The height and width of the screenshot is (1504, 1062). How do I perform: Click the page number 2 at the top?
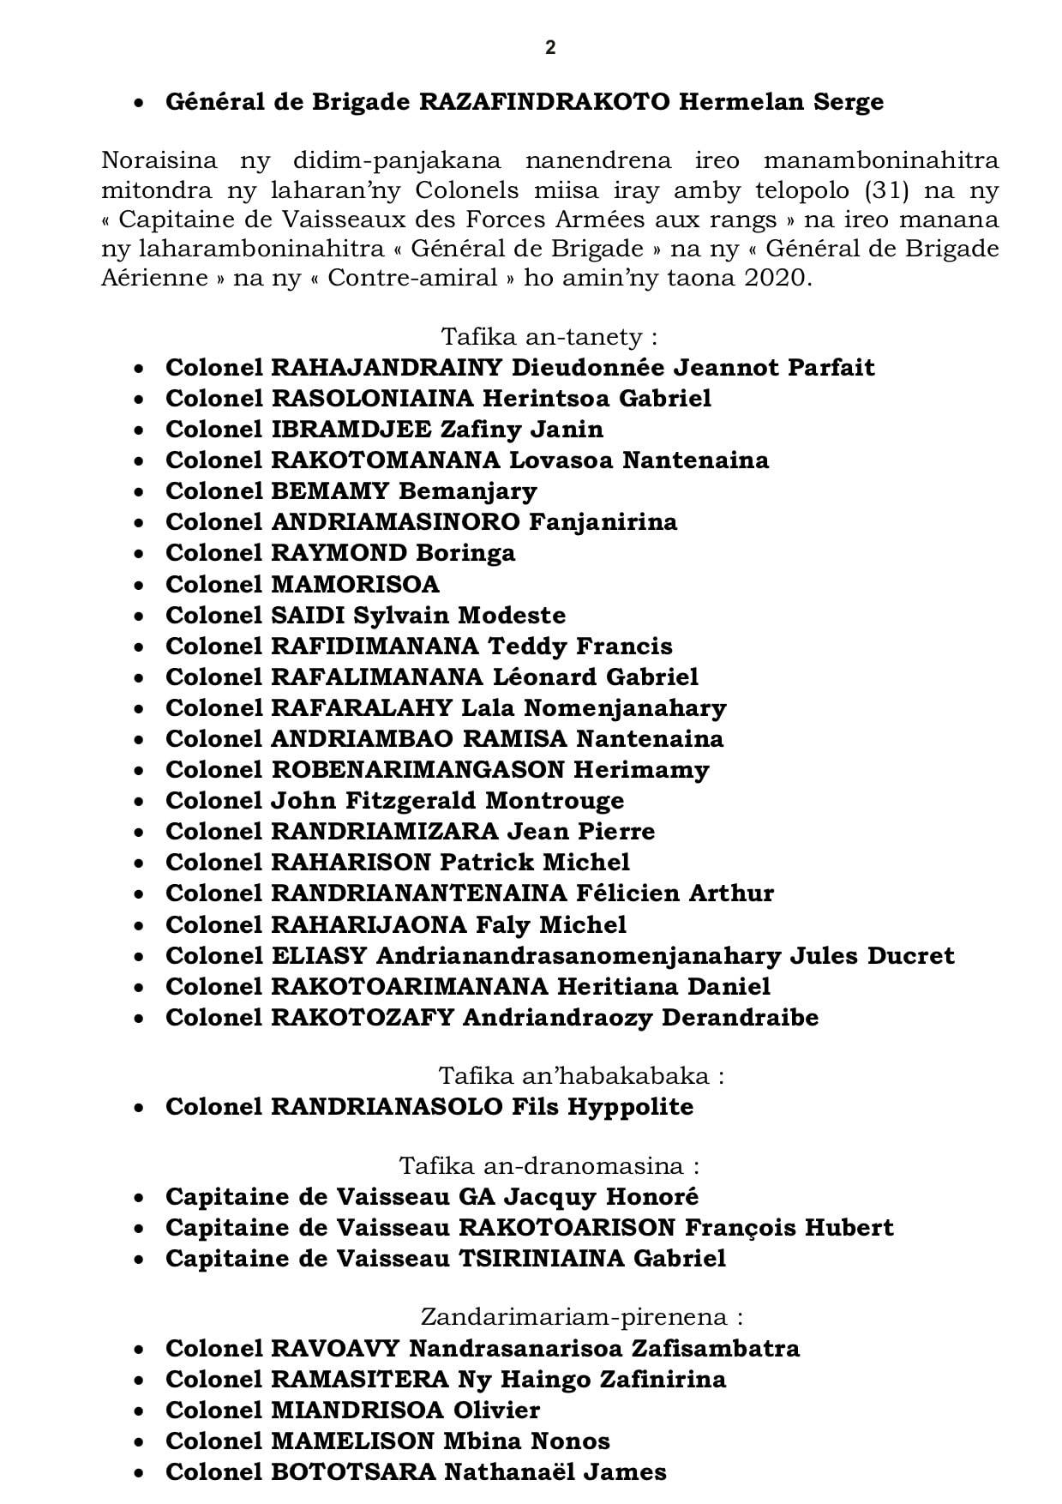click(550, 49)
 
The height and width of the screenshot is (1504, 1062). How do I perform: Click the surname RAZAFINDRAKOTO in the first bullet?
click(544, 102)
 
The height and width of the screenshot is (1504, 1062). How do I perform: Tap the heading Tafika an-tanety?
click(549, 335)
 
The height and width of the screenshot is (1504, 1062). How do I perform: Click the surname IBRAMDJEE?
click(351, 429)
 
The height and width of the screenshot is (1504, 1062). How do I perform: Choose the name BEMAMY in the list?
click(330, 491)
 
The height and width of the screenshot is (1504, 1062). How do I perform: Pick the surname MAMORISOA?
click(355, 584)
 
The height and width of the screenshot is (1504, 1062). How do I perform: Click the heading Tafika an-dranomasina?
click(549, 1166)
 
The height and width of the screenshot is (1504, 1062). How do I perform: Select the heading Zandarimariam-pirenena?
click(581, 1317)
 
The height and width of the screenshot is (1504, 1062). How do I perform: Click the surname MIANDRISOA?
click(357, 1410)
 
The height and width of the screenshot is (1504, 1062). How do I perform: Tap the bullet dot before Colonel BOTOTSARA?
click(139, 1473)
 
